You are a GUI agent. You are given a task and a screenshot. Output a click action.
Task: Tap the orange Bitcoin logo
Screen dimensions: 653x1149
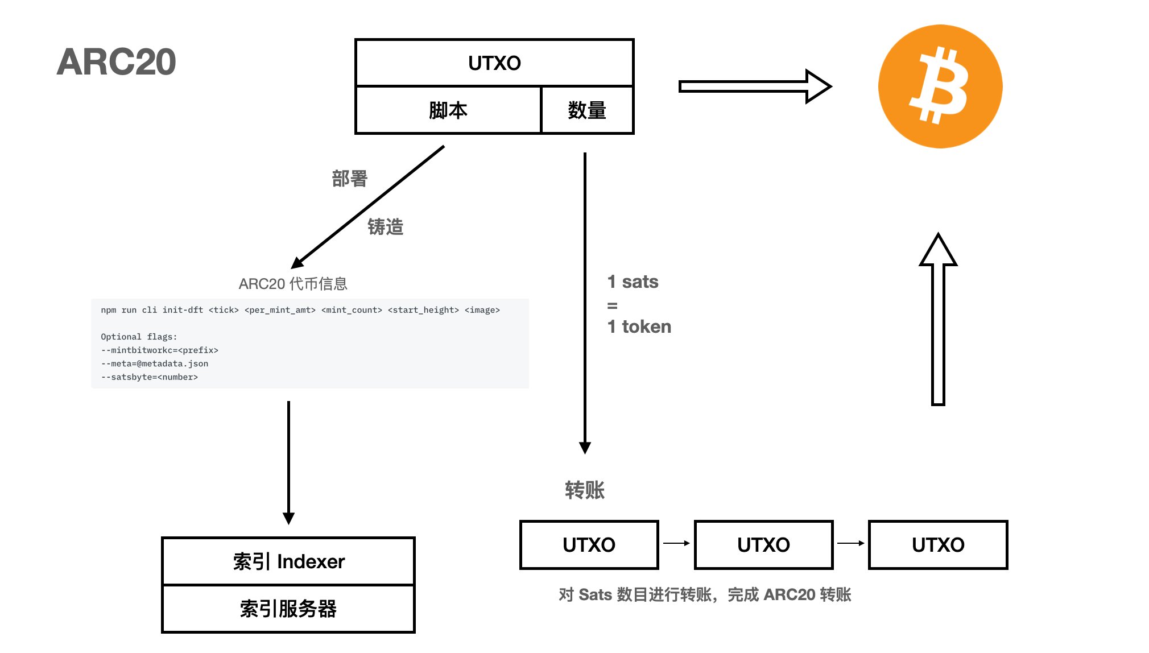(x=940, y=86)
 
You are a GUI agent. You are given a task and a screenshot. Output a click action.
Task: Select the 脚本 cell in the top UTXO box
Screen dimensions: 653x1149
(x=448, y=110)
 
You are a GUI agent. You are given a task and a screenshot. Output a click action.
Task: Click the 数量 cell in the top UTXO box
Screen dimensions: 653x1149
(x=587, y=110)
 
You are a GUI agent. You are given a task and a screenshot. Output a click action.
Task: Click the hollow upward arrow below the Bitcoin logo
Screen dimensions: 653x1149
(x=938, y=319)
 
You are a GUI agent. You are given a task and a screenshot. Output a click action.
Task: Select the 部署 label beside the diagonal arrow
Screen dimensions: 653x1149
(x=350, y=179)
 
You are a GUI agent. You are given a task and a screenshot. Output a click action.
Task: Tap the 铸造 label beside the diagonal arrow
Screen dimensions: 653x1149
(x=386, y=226)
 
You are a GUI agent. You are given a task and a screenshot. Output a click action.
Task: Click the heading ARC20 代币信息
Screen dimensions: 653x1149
(x=293, y=283)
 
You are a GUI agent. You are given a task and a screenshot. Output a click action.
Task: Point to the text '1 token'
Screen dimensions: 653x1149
(x=639, y=326)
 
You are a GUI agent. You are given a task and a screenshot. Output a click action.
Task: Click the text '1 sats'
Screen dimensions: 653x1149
(x=633, y=282)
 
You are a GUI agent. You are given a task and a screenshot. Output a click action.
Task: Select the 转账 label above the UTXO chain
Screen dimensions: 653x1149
(x=584, y=490)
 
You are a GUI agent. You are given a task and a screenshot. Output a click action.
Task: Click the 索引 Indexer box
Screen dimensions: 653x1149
(x=288, y=561)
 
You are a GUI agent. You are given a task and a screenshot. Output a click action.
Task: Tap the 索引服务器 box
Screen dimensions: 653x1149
(x=288, y=609)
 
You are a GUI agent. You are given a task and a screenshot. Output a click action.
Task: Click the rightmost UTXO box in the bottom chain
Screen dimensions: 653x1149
(x=938, y=544)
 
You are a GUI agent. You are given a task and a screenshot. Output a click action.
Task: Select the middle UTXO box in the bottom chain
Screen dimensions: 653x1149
(x=763, y=544)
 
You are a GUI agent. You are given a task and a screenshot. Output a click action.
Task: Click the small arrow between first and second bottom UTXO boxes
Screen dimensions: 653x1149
(x=676, y=543)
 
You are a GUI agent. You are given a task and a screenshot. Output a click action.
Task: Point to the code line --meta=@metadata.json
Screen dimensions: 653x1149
(x=155, y=363)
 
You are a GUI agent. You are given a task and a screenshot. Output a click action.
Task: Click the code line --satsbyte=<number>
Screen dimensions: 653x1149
(x=150, y=377)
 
